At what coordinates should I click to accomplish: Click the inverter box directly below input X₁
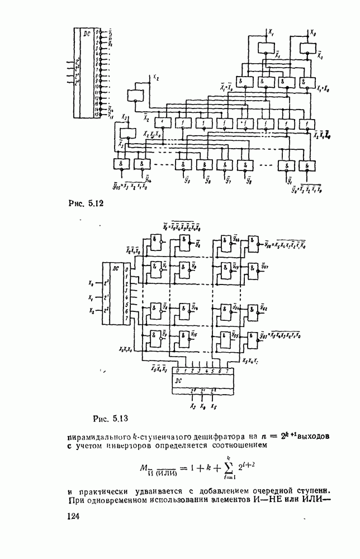[263, 49]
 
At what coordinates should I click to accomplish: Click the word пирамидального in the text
[95, 434]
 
